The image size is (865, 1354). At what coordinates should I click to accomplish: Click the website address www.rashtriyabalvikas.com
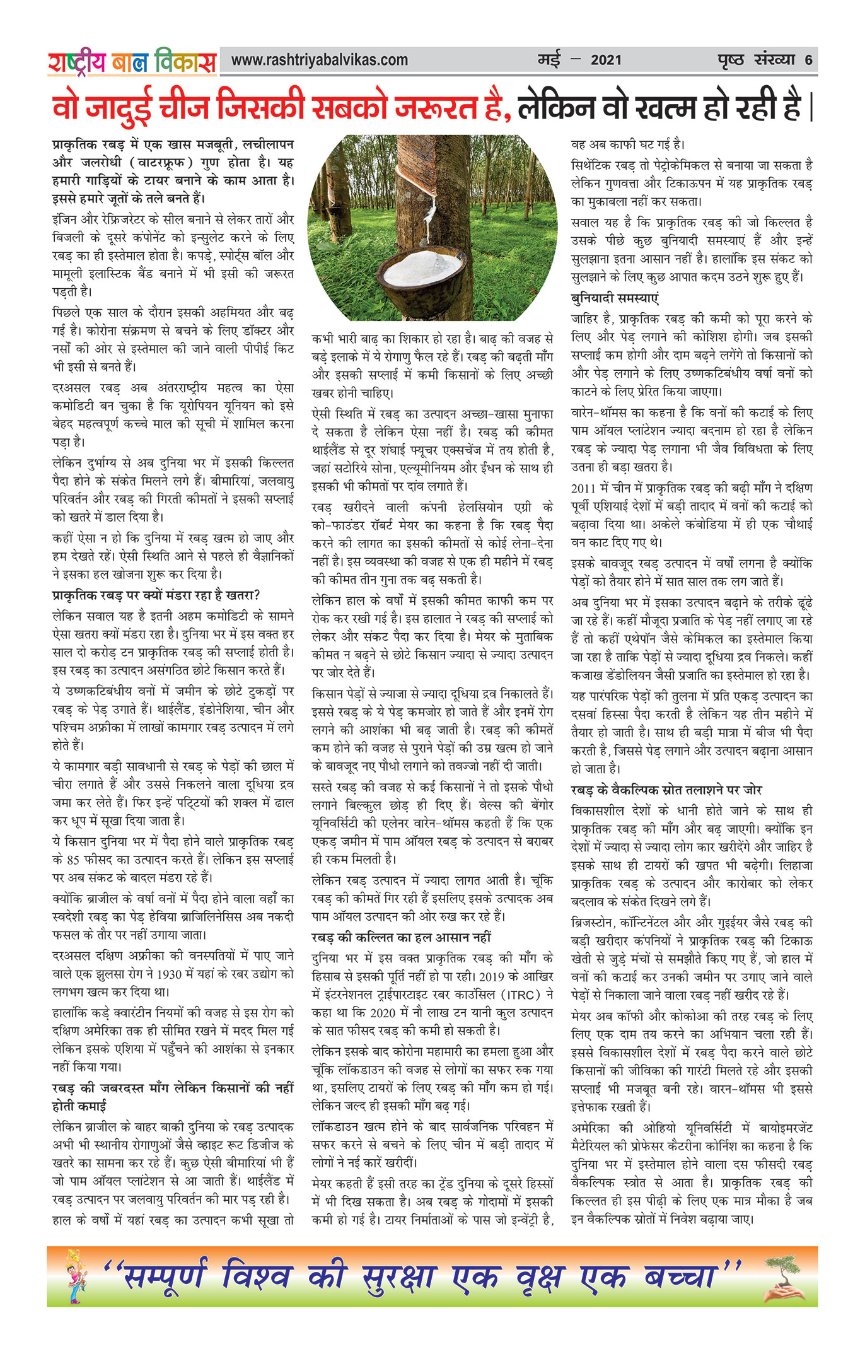[x=319, y=61]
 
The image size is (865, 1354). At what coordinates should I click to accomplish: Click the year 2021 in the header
[x=606, y=61]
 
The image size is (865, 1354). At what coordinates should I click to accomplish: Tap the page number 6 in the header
[x=808, y=61]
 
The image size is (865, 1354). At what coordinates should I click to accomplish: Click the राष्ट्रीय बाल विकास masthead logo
[x=132, y=62]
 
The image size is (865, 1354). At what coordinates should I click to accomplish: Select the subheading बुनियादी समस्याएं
[x=614, y=298]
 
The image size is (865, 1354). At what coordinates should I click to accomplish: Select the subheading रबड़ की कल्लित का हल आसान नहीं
[x=401, y=937]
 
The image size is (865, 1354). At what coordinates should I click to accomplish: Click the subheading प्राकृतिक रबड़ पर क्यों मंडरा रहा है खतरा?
[x=156, y=595]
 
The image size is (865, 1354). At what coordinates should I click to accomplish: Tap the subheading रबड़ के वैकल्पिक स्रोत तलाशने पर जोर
[x=666, y=790]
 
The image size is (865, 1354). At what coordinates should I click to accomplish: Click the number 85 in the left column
[x=73, y=859]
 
